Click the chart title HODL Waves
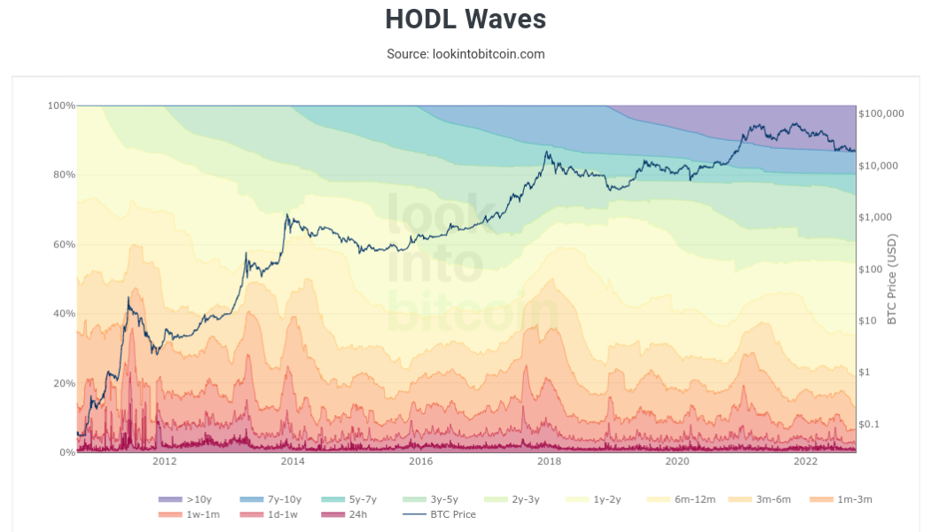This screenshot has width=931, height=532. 465,19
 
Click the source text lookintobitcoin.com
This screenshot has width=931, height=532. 465,54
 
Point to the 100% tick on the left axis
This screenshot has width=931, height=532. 60,106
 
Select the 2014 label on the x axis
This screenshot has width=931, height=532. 293,462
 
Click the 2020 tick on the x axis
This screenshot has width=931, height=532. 677,462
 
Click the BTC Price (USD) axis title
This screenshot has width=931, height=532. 892,278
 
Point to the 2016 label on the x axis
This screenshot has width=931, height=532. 420,462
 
